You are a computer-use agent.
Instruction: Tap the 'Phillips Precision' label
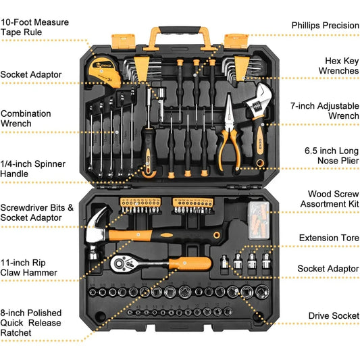click(x=325, y=25)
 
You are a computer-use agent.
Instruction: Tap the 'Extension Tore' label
click(x=329, y=238)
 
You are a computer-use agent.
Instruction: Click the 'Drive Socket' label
click(x=334, y=315)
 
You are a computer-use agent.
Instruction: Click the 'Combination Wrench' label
click(x=26, y=119)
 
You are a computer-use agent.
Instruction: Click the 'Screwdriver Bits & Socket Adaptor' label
click(x=37, y=213)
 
